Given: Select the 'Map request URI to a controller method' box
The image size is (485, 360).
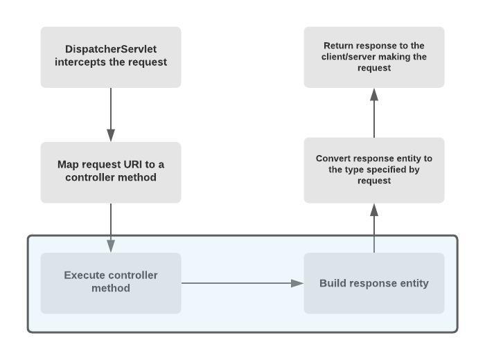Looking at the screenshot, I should pos(111,172).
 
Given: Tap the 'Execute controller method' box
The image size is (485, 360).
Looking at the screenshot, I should pos(111,282).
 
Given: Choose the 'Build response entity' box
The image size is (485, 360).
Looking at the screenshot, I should pos(374,283).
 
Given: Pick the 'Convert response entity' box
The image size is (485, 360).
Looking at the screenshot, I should pos(374,170).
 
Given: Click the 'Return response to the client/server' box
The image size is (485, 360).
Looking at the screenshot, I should pos(374,57).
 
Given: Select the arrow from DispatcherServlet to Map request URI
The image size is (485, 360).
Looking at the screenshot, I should pos(111,114).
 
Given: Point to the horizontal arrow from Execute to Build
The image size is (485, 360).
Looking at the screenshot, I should pos(242,282).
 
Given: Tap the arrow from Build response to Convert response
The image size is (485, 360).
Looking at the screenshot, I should pos(374,228).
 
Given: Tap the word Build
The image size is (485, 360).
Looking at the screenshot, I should pos(333,283).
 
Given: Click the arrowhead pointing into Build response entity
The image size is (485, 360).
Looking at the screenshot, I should pos(298,282).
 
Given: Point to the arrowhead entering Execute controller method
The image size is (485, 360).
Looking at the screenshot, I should pos(111,246).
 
